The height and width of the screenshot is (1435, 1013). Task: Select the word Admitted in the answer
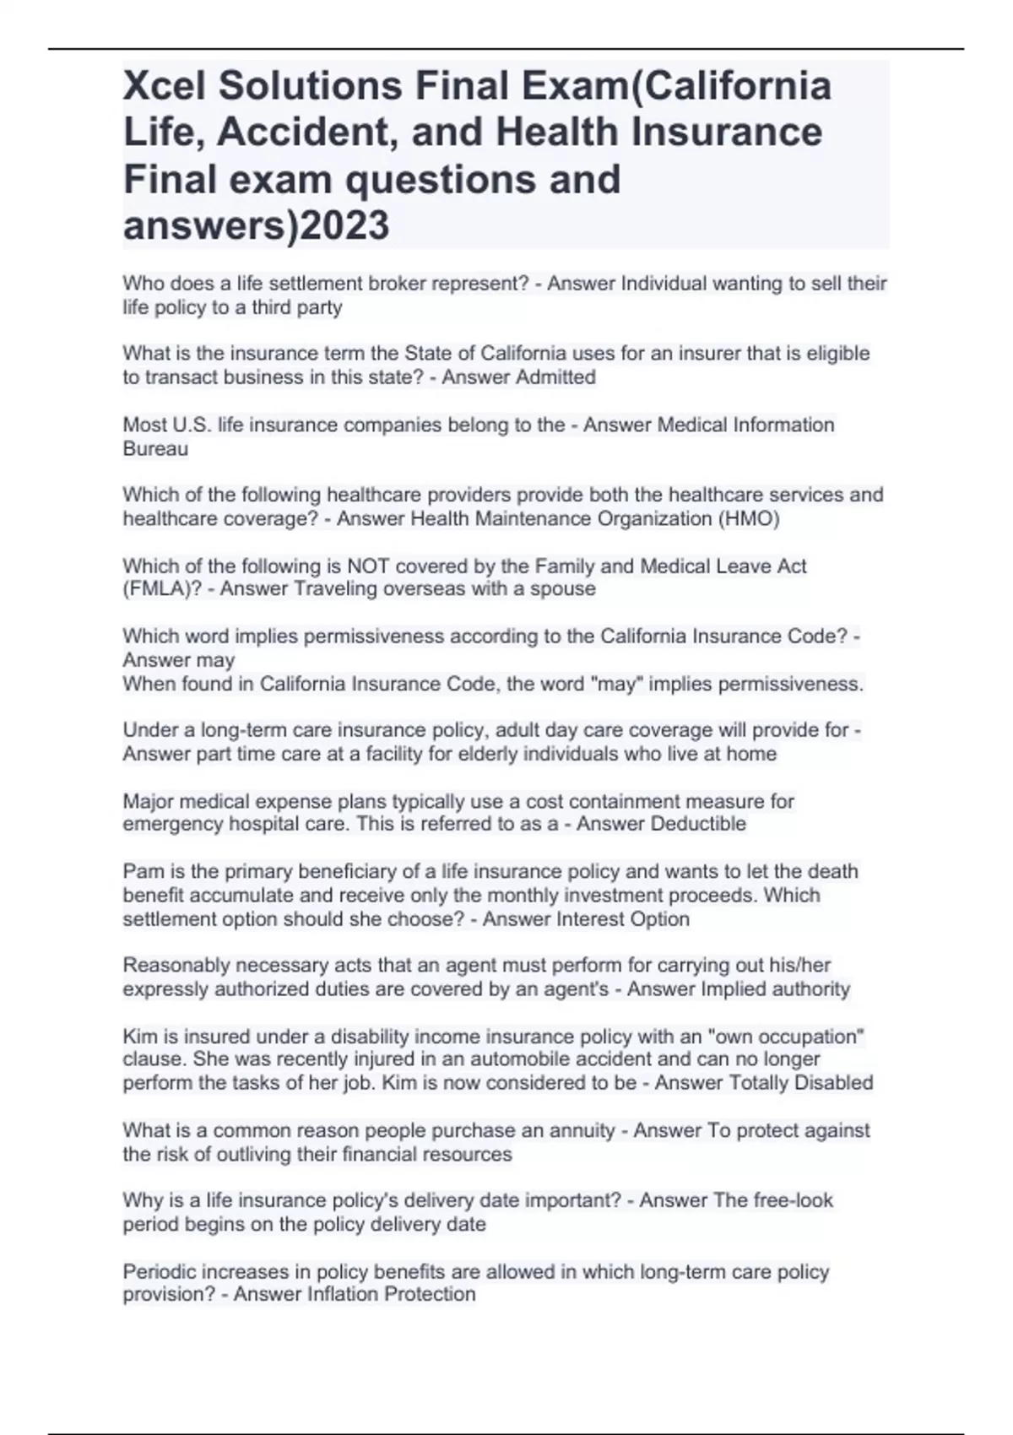coord(555,377)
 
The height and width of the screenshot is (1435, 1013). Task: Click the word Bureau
coord(155,448)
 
